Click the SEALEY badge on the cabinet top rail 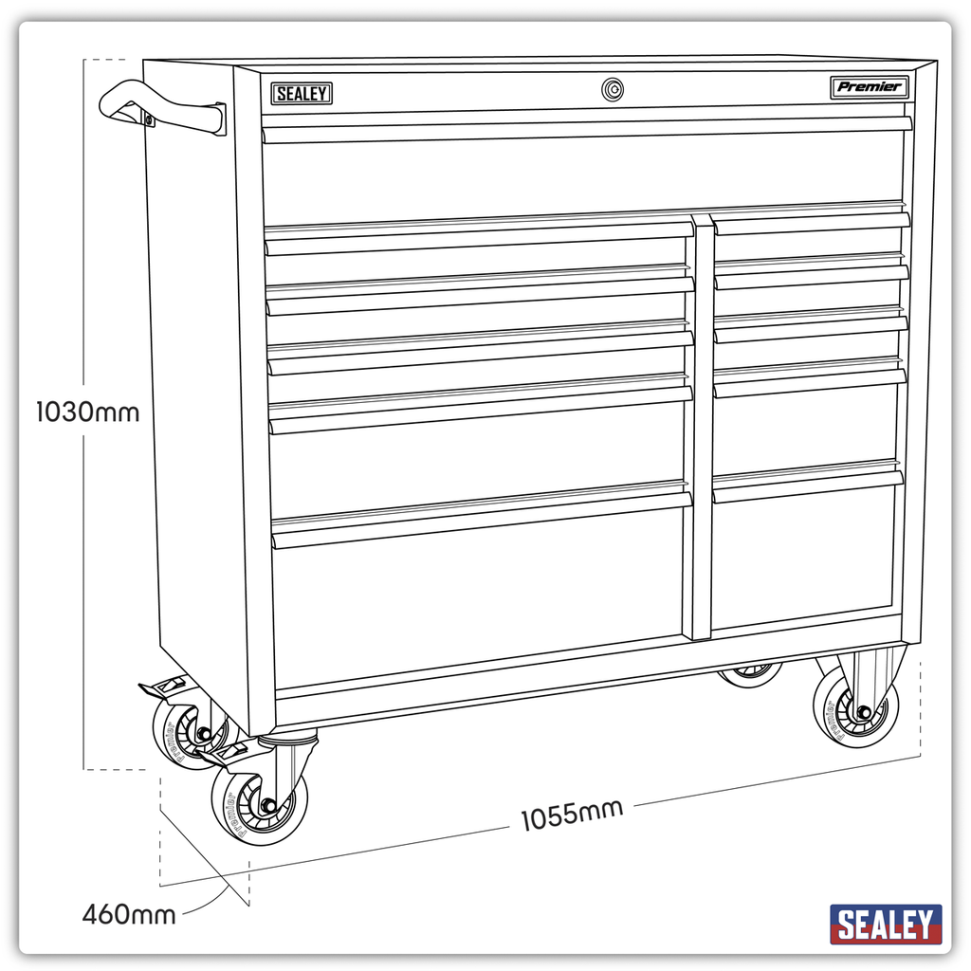click(x=302, y=94)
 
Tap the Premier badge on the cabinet click(x=869, y=87)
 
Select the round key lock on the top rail click(x=612, y=90)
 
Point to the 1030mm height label click(x=87, y=412)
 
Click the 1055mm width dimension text click(x=571, y=815)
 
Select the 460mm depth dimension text click(x=128, y=915)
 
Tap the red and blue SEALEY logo click(x=886, y=925)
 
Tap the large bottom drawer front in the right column click(x=803, y=555)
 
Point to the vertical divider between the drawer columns click(x=702, y=427)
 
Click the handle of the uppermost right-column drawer click(x=811, y=223)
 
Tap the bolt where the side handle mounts click(x=149, y=119)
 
